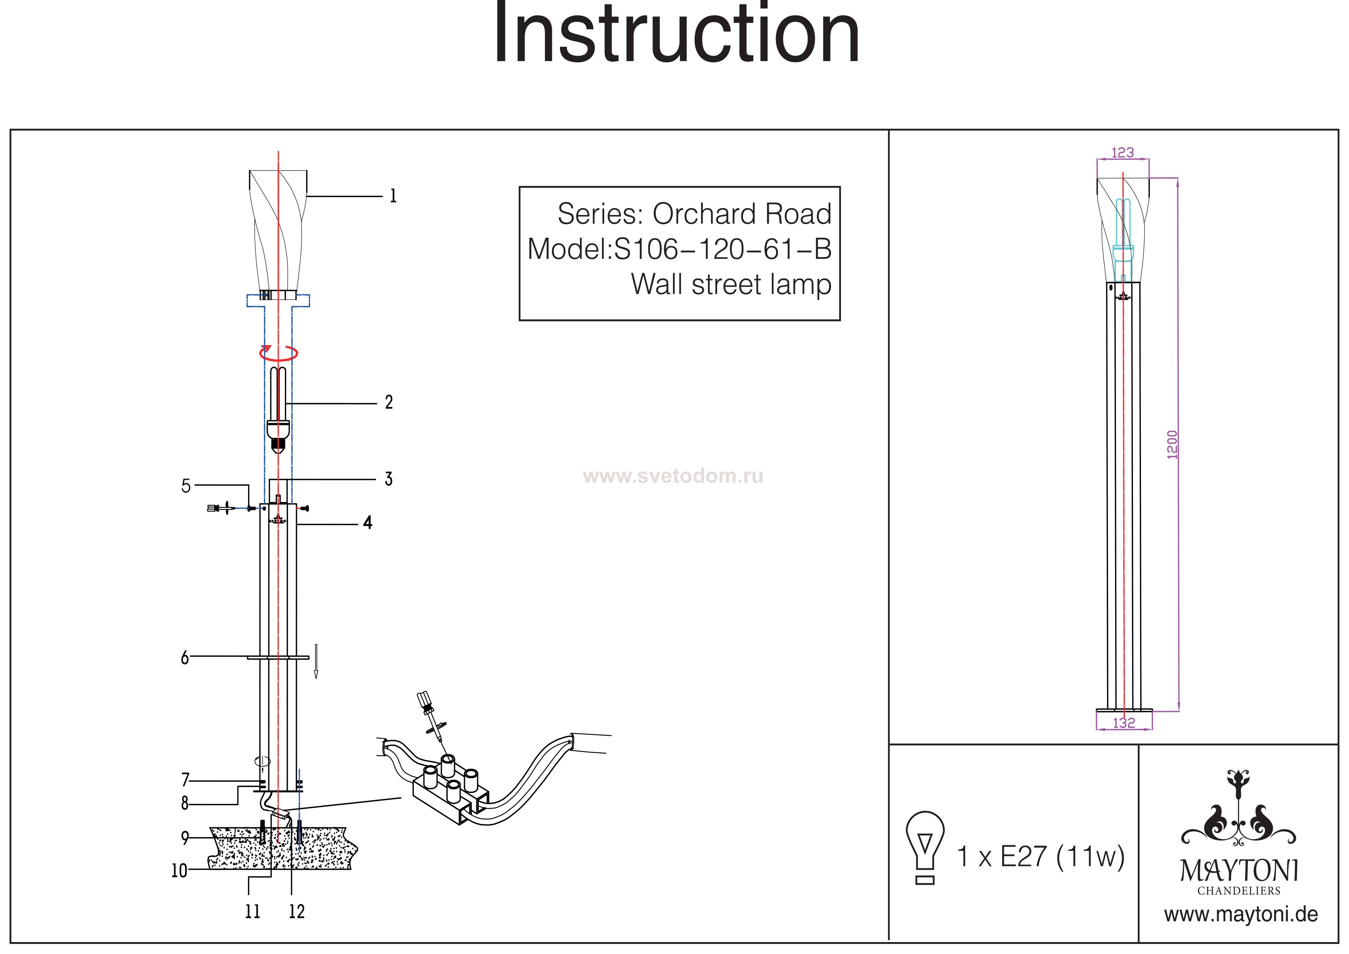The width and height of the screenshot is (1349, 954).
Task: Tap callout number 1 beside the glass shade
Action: [393, 196]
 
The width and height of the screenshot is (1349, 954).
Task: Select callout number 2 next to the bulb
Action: [388, 403]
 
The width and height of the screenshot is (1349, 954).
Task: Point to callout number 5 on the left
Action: [186, 486]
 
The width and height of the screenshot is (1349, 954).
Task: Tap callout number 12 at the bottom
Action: [297, 912]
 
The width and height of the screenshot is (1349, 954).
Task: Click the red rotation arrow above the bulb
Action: [279, 353]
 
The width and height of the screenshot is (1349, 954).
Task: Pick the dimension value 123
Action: [1122, 152]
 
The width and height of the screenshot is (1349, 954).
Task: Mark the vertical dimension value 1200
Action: [1172, 444]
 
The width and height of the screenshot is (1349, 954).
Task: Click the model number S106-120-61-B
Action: [723, 249]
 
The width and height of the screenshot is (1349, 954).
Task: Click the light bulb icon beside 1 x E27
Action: [925, 846]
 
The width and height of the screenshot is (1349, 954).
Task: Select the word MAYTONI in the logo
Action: [1239, 871]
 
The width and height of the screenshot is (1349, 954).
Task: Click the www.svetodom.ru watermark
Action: [673, 475]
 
